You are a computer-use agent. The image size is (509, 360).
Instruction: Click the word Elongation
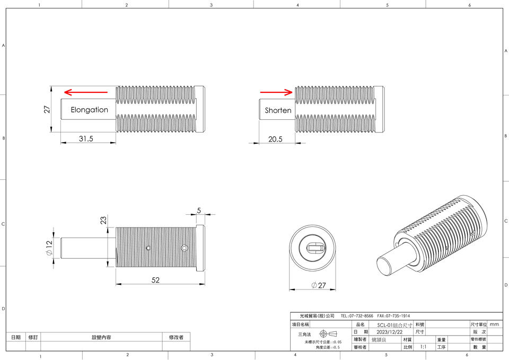(89, 110)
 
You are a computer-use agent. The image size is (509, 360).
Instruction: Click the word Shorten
(278, 110)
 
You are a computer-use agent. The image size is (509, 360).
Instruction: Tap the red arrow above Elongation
(85, 91)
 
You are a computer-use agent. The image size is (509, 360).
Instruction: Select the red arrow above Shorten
(276, 92)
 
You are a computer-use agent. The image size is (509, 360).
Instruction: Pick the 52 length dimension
(155, 280)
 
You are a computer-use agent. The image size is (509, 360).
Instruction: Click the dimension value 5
(199, 210)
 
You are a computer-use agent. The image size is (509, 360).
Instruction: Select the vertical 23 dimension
(103, 221)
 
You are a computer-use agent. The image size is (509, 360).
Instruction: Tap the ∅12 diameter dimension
(49, 248)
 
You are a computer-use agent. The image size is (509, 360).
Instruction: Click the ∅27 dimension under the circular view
(319, 286)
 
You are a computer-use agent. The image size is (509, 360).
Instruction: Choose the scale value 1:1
(423, 347)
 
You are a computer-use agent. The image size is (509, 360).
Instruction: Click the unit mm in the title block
(494, 324)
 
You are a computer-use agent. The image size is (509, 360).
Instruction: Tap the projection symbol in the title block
(328, 333)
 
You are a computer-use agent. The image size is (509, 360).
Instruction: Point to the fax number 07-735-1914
(393, 316)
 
